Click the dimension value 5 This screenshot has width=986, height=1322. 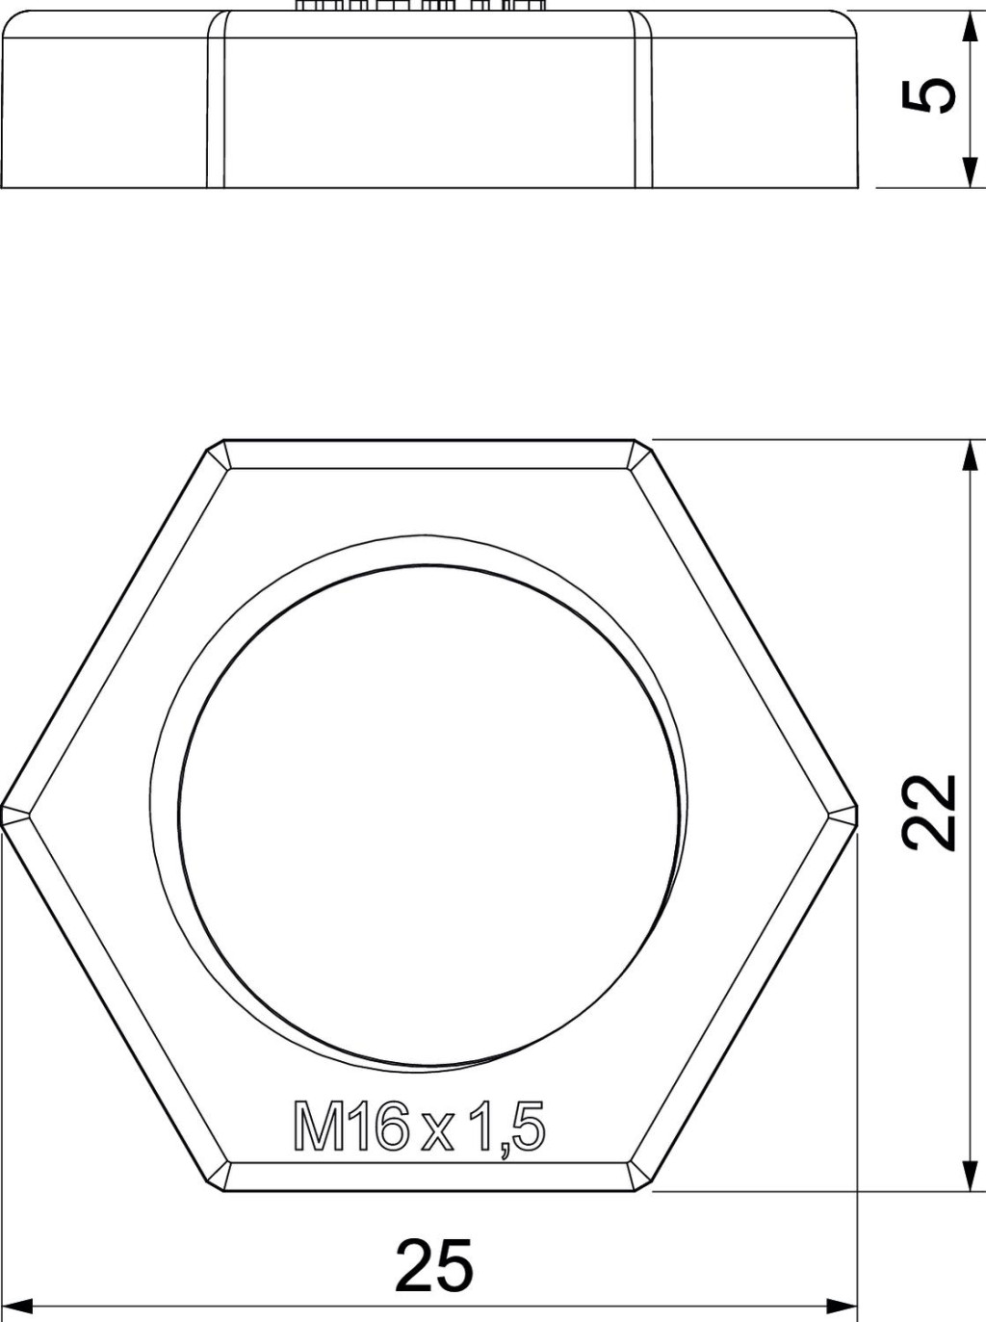tap(929, 95)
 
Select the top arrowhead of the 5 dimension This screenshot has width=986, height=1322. tap(969, 27)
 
